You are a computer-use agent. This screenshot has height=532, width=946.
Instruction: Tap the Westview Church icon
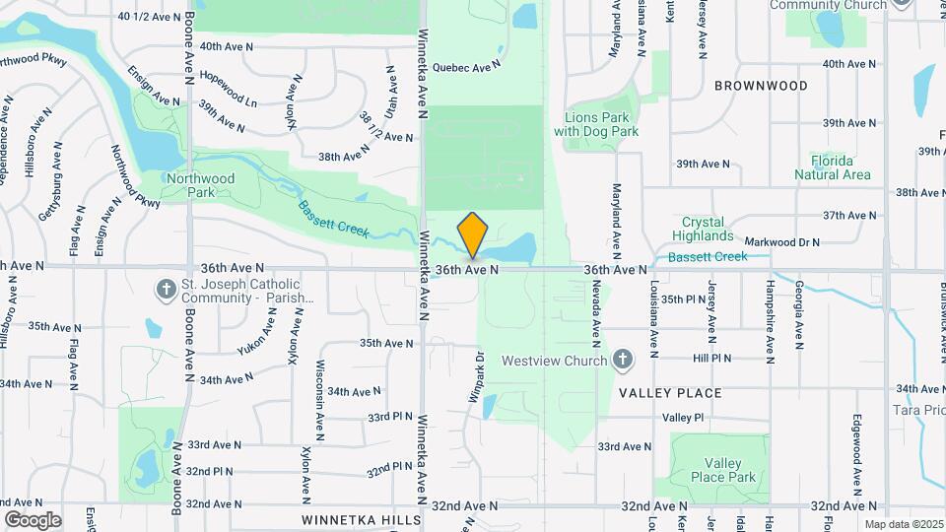click(x=622, y=360)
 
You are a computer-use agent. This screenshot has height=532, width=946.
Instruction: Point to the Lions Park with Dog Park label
click(x=596, y=124)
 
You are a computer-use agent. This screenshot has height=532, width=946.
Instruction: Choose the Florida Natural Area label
click(x=833, y=167)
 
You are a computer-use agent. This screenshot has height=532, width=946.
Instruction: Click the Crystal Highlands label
click(x=703, y=229)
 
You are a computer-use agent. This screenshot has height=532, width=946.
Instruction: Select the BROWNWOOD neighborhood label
click(x=761, y=86)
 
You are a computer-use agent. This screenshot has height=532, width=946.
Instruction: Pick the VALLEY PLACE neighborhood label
click(x=670, y=393)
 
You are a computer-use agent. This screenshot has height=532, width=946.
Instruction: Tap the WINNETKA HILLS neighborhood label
click(x=362, y=519)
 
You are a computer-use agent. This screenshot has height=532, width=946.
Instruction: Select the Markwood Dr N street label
click(x=782, y=241)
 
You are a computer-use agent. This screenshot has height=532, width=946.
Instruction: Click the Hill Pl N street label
click(x=711, y=360)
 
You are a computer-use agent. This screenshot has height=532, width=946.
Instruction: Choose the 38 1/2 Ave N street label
click(x=371, y=125)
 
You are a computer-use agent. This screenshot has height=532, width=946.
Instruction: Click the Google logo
click(x=33, y=520)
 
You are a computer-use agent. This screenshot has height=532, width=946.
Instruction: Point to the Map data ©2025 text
click(x=903, y=524)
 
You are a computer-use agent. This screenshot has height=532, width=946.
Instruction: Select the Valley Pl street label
click(x=683, y=418)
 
